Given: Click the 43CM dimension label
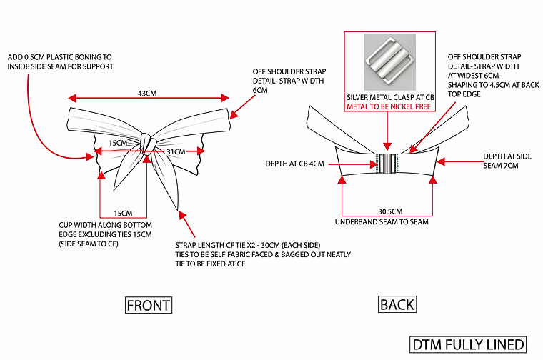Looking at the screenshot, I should (147, 93).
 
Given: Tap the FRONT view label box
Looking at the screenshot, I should (148, 306).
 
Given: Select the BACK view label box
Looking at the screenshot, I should (397, 305).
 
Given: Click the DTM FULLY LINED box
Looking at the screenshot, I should (468, 344).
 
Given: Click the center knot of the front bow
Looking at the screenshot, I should (147, 144).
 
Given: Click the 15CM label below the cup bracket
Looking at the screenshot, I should (122, 214).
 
